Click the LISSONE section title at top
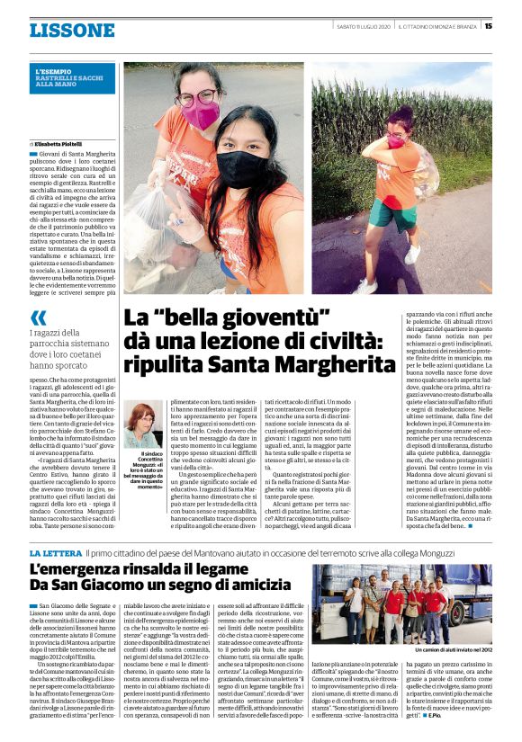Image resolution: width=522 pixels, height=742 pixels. coord(71,31)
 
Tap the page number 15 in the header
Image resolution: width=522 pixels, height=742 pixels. coord(488,26)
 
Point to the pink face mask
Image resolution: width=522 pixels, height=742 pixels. coord(201,115)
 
